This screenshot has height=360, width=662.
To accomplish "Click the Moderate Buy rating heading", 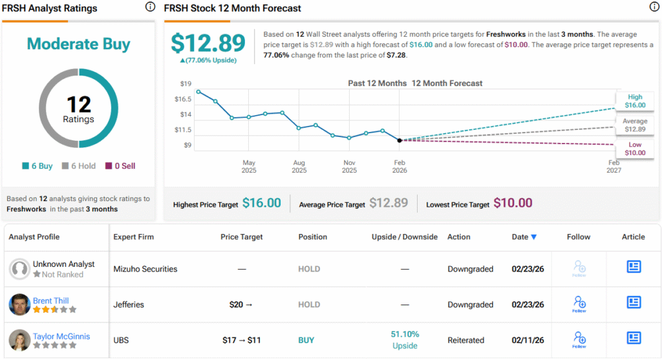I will pos(78,44).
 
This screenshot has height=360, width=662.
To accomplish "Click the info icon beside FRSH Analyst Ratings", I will pos(150,7).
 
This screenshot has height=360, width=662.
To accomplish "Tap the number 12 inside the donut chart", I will pos(78,104).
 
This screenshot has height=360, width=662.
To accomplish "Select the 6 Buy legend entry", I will pos(37,166).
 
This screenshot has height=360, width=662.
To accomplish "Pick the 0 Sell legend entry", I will pos(120,166).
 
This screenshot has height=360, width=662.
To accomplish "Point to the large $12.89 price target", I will pos(208,43).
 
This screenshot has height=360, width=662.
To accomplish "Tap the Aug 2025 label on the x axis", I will pos(299,167).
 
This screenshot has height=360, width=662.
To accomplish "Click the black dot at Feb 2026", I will pos(400,140).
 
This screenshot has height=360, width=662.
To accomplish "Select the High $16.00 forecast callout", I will pos(634,101).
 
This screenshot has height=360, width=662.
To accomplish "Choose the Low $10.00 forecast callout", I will pos(634,149).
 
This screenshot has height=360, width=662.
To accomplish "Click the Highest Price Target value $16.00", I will pos(261,203).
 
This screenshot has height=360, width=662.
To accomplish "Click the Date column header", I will pos(524,237).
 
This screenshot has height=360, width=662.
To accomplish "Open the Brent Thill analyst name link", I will pos(51,301).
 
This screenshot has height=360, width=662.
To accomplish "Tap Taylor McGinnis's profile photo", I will pos(19,340).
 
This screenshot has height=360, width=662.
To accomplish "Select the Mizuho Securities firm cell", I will pos(145,269).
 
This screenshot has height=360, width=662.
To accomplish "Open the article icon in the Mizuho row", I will pos(634,267).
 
